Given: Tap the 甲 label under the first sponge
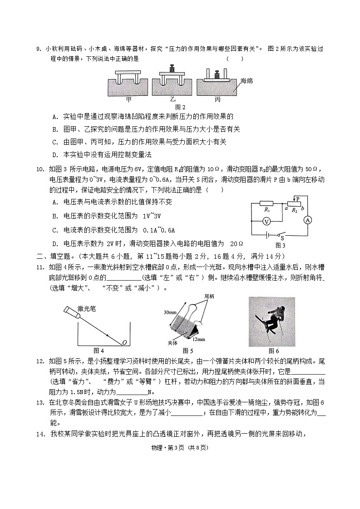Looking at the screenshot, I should tap(128, 99).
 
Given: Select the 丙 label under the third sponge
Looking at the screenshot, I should tap(217, 99).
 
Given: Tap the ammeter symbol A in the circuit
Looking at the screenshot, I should tap(307, 220).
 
